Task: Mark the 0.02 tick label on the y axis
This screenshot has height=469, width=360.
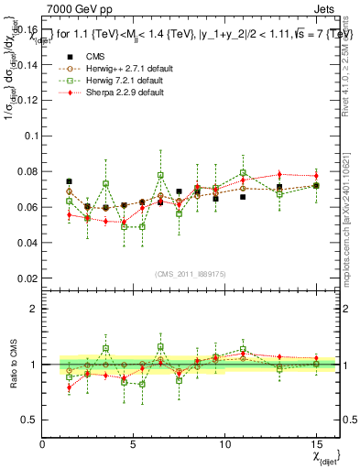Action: [27, 278]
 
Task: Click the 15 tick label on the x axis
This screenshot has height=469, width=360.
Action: [315, 444]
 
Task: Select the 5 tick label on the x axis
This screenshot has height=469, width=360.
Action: [133, 444]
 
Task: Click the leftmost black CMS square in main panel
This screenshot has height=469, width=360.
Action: [69, 181]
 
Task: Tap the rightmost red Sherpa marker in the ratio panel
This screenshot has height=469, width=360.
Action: [315, 358]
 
